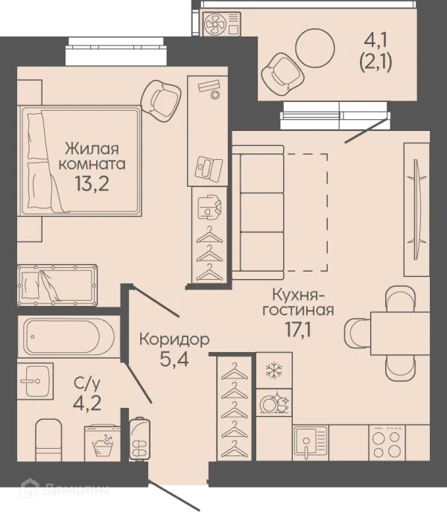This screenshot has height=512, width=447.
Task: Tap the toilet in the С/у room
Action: click(x=48, y=440)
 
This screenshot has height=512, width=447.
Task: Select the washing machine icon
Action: click(x=103, y=443)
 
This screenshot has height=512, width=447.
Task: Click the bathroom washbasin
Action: click(x=35, y=380)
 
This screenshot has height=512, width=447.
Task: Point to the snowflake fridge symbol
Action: click(x=274, y=371)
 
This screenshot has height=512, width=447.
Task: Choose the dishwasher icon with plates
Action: click(x=274, y=403)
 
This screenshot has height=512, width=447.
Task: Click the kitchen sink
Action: click(x=311, y=443)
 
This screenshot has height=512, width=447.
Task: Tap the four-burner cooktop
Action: click(x=387, y=443)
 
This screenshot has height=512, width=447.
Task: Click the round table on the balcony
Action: click(x=315, y=48)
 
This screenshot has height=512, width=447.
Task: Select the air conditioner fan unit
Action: click(x=222, y=24)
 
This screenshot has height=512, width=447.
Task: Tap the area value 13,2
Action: click(x=92, y=184)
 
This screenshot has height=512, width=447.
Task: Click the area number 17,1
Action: click(x=298, y=330)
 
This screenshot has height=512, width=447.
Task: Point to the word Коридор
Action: click(x=174, y=340)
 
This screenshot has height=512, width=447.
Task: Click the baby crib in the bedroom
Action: click(x=57, y=285)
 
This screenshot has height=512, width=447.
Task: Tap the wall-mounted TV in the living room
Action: click(x=416, y=210)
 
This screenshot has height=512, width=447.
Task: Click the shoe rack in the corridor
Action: click(x=139, y=438)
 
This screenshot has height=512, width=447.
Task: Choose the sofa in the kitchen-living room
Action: click(x=258, y=213)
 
